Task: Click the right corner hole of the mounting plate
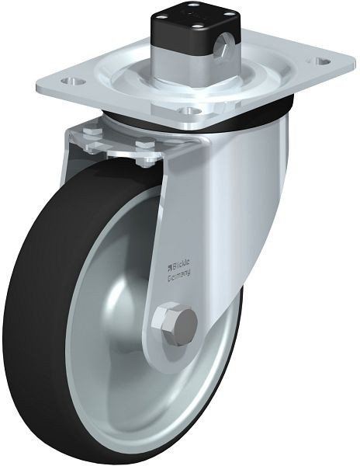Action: click(x=317, y=60)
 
